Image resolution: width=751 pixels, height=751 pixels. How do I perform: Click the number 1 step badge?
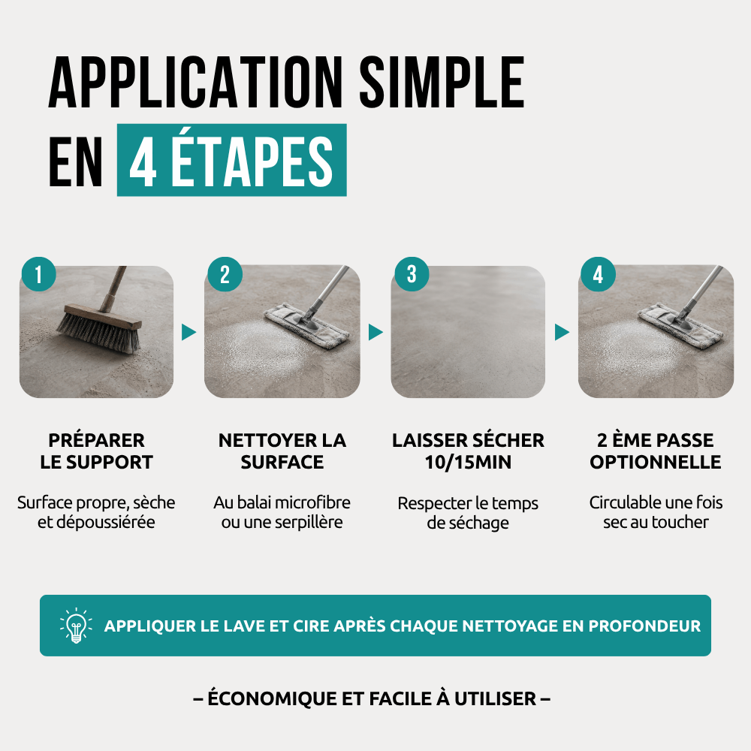pos(39,274)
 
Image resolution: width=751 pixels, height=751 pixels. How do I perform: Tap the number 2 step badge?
pos(225,274)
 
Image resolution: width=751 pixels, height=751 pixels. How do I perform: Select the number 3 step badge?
pos(412,274)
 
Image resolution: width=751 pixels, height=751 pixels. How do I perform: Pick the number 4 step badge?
pos(599,274)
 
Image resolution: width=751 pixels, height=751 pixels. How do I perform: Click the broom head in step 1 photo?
pos(100,328)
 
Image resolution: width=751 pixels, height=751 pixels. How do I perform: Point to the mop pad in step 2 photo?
pos(306,324)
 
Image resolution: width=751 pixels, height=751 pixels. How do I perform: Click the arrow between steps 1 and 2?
pos(189,332)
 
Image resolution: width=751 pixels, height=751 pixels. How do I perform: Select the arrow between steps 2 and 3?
pos(375,332)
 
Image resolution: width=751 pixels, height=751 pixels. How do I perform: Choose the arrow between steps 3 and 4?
pos(562,332)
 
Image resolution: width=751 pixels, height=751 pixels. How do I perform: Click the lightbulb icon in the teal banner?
pos(76,625)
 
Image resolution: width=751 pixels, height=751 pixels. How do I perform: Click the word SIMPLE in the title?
pos(442,83)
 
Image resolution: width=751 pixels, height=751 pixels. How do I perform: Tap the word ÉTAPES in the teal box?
pos(252,161)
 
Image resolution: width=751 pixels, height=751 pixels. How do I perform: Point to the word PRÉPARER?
pos(96,440)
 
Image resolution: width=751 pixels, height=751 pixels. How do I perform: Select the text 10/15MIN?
pos(468,462)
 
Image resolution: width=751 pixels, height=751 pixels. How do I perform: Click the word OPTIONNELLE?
pos(655,462)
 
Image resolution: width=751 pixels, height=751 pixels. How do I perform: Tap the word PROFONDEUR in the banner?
pos(644,626)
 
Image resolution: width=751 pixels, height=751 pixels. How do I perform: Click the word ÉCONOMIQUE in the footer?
pos(272,698)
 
